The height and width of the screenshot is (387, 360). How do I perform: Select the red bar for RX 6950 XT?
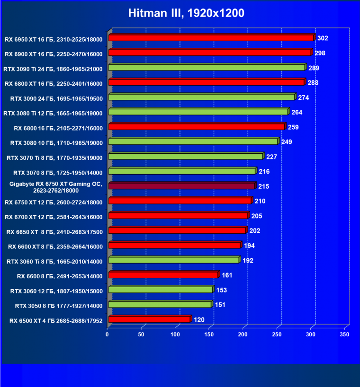point(211,38)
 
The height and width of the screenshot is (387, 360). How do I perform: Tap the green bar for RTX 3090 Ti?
point(207,68)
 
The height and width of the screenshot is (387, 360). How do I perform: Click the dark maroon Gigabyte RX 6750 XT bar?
point(181,186)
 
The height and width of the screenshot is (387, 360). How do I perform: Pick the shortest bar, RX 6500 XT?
point(149,319)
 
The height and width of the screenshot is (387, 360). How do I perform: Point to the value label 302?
point(323,38)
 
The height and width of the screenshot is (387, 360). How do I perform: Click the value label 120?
point(199,320)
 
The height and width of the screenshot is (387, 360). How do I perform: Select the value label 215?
point(264,186)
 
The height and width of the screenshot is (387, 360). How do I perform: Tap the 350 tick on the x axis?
point(344,334)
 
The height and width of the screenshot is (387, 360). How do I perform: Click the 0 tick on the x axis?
point(108,334)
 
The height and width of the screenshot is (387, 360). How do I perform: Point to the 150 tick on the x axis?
point(209,334)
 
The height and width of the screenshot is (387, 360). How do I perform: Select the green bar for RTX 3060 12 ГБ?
point(161,290)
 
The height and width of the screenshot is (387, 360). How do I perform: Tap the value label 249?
point(286,142)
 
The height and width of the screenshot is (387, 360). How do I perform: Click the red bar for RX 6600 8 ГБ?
point(163,275)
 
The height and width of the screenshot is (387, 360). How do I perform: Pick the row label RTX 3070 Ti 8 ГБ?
point(55,157)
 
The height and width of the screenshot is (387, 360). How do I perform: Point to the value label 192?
point(248,260)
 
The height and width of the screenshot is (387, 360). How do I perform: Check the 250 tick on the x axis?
point(277,334)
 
